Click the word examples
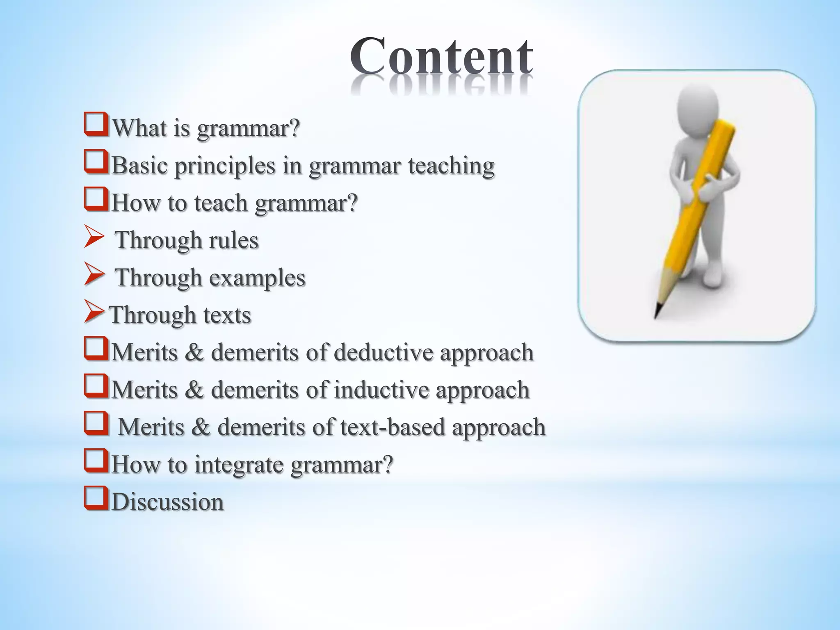pos(257,278)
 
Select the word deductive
pos(383,352)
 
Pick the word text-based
pos(393,427)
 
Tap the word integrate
pos(238,464)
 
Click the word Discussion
pos(167,502)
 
